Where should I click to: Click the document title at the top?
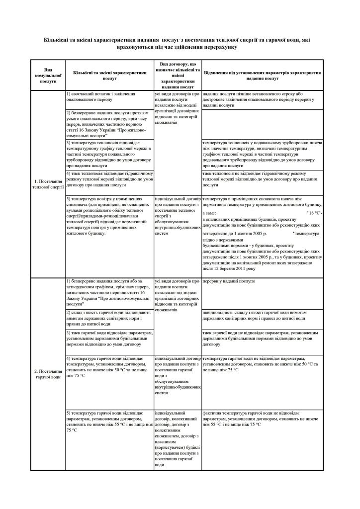[180, 43]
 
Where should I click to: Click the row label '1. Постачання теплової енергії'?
[48, 186]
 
